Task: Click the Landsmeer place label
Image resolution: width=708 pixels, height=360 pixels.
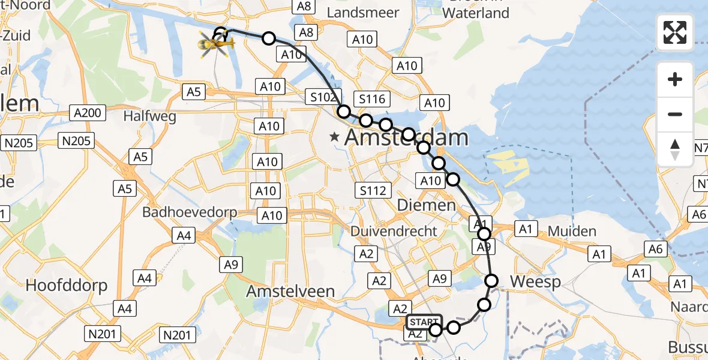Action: point(359,13)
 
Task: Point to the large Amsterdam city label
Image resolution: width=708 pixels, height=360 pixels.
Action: point(406,138)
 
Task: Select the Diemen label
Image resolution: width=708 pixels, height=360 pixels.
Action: point(427,205)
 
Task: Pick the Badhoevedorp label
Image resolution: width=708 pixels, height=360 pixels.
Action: point(190,212)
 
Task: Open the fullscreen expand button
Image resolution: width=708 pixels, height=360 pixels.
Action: point(675,32)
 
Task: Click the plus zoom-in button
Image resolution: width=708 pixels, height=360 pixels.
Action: point(675,79)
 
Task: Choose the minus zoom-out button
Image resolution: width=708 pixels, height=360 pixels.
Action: point(675,114)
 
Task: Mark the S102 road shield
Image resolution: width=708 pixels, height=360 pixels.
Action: point(325,97)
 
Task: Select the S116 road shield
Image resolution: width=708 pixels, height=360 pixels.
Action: point(372,99)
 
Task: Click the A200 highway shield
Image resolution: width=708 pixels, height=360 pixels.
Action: point(87,112)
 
